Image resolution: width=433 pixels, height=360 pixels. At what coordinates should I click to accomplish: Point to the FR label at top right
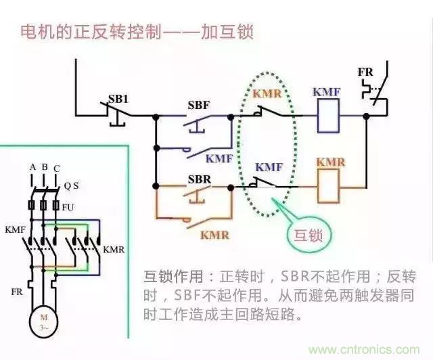365,72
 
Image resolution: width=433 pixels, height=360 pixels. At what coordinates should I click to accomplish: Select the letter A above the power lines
32,167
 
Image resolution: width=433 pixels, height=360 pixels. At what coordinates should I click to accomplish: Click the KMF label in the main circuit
14,230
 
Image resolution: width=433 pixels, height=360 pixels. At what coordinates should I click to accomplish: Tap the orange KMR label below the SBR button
214,235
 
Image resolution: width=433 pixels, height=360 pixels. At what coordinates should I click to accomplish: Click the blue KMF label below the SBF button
219,158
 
